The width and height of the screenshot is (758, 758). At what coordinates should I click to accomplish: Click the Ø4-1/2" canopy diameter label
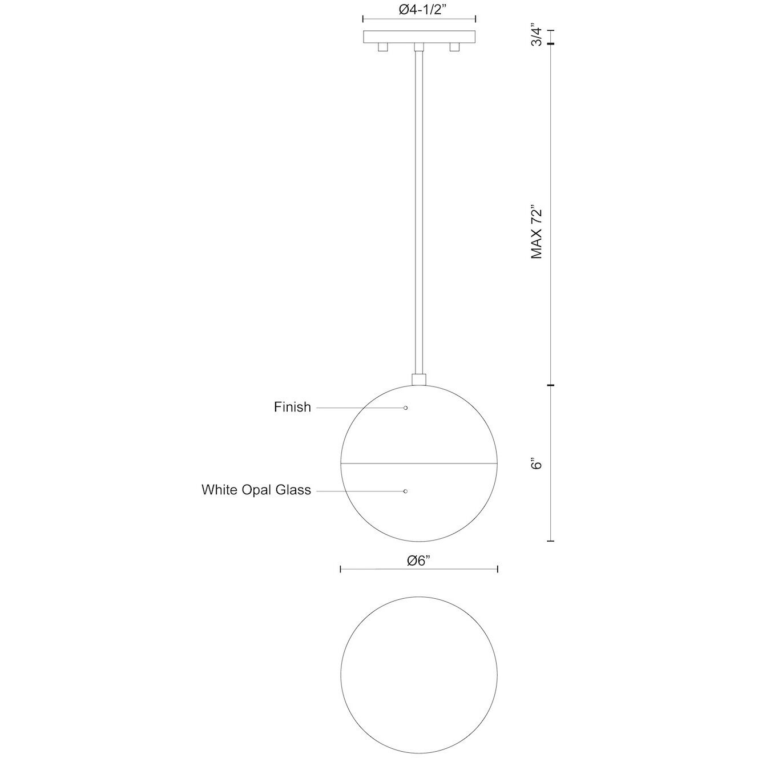pos(420,10)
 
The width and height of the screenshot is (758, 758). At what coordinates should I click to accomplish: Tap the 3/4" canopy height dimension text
pos(535,35)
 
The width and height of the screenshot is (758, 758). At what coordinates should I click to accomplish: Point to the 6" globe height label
pos(535,463)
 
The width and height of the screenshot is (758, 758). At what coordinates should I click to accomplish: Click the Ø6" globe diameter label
pos(418,561)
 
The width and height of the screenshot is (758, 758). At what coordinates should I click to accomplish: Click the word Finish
pos(292,408)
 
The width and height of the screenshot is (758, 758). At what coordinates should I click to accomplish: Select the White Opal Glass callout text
pos(256,490)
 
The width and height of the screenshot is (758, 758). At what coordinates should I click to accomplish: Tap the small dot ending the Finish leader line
pos(405,408)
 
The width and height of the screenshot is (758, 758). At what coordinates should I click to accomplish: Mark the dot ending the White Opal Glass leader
pos(405,491)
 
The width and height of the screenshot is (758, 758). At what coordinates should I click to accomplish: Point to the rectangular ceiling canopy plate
pos(420,36)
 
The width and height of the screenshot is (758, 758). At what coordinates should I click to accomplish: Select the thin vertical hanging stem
pos(419,211)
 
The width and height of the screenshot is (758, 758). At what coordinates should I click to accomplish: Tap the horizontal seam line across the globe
pos(419,463)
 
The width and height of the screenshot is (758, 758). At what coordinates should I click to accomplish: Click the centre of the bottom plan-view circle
pos(419,674)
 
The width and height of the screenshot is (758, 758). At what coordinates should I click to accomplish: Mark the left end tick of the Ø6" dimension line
pos(341,569)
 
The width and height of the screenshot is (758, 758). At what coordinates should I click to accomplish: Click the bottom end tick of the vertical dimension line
pos(551,540)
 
